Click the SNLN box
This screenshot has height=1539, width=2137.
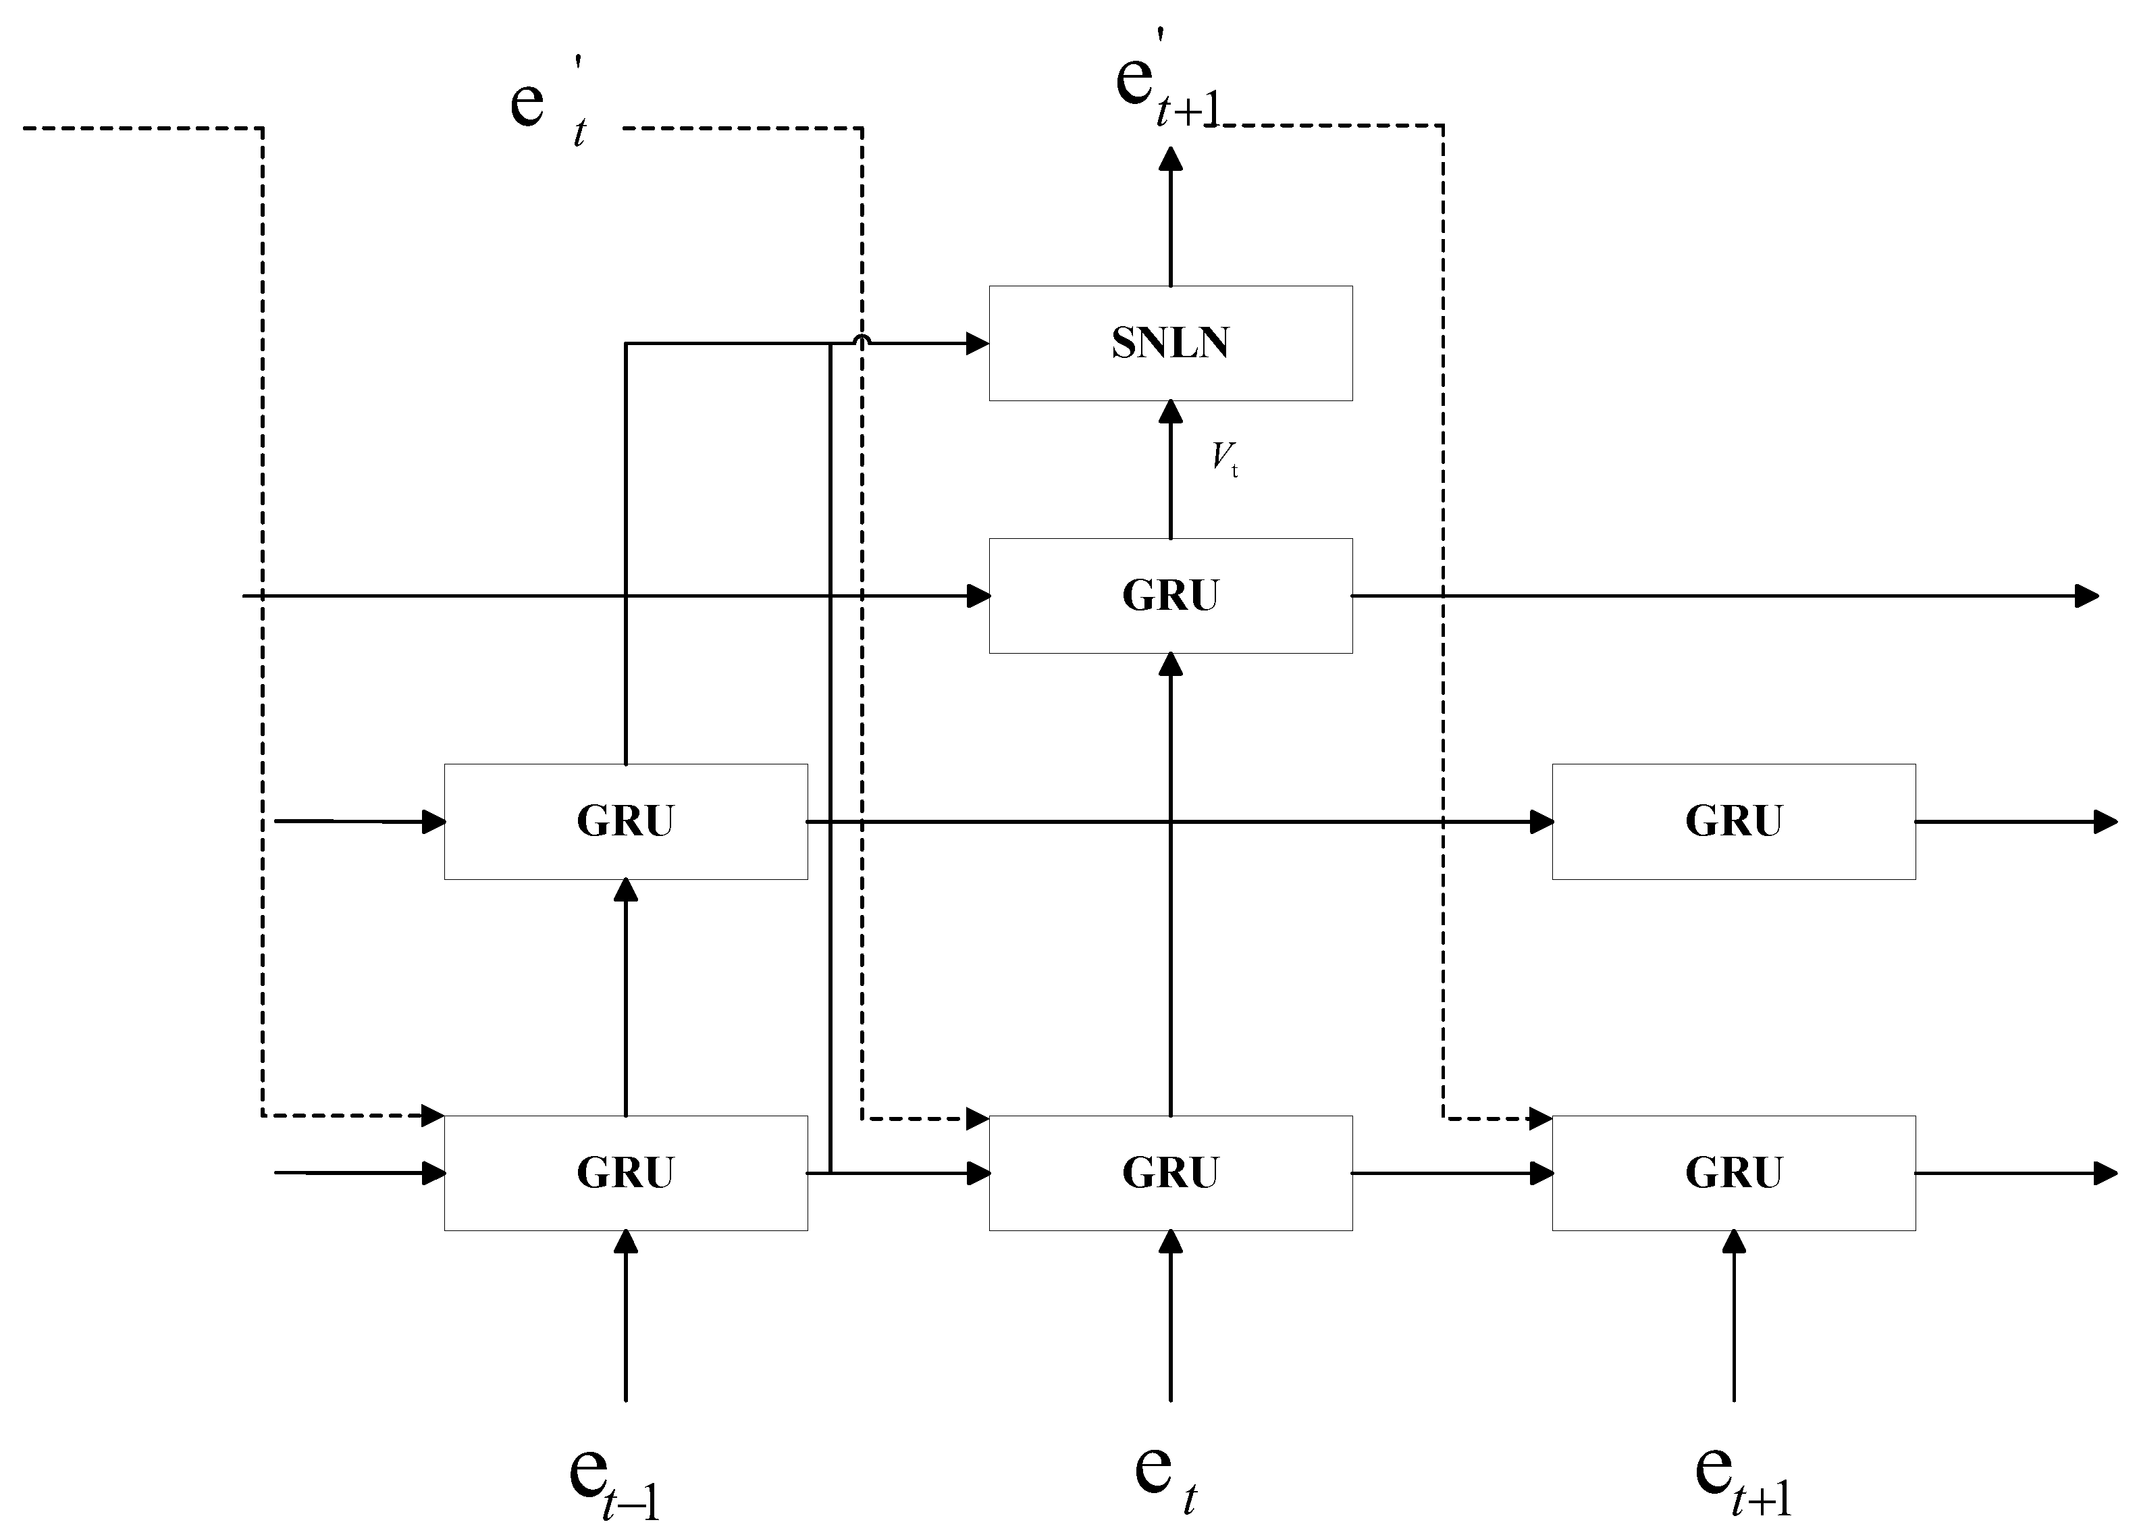point(1170,343)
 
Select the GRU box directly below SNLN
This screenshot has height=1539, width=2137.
point(1170,596)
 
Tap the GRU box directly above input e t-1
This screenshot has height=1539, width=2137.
point(626,1174)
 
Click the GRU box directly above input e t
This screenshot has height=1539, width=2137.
point(1170,1174)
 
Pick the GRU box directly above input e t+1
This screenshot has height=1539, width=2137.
point(1734,1174)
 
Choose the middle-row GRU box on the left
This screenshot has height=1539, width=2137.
point(626,822)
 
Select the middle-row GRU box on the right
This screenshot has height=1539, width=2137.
point(1734,822)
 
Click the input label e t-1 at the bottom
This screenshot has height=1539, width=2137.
point(614,1478)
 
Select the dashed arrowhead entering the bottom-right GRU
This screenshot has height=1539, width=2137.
point(1541,1119)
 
